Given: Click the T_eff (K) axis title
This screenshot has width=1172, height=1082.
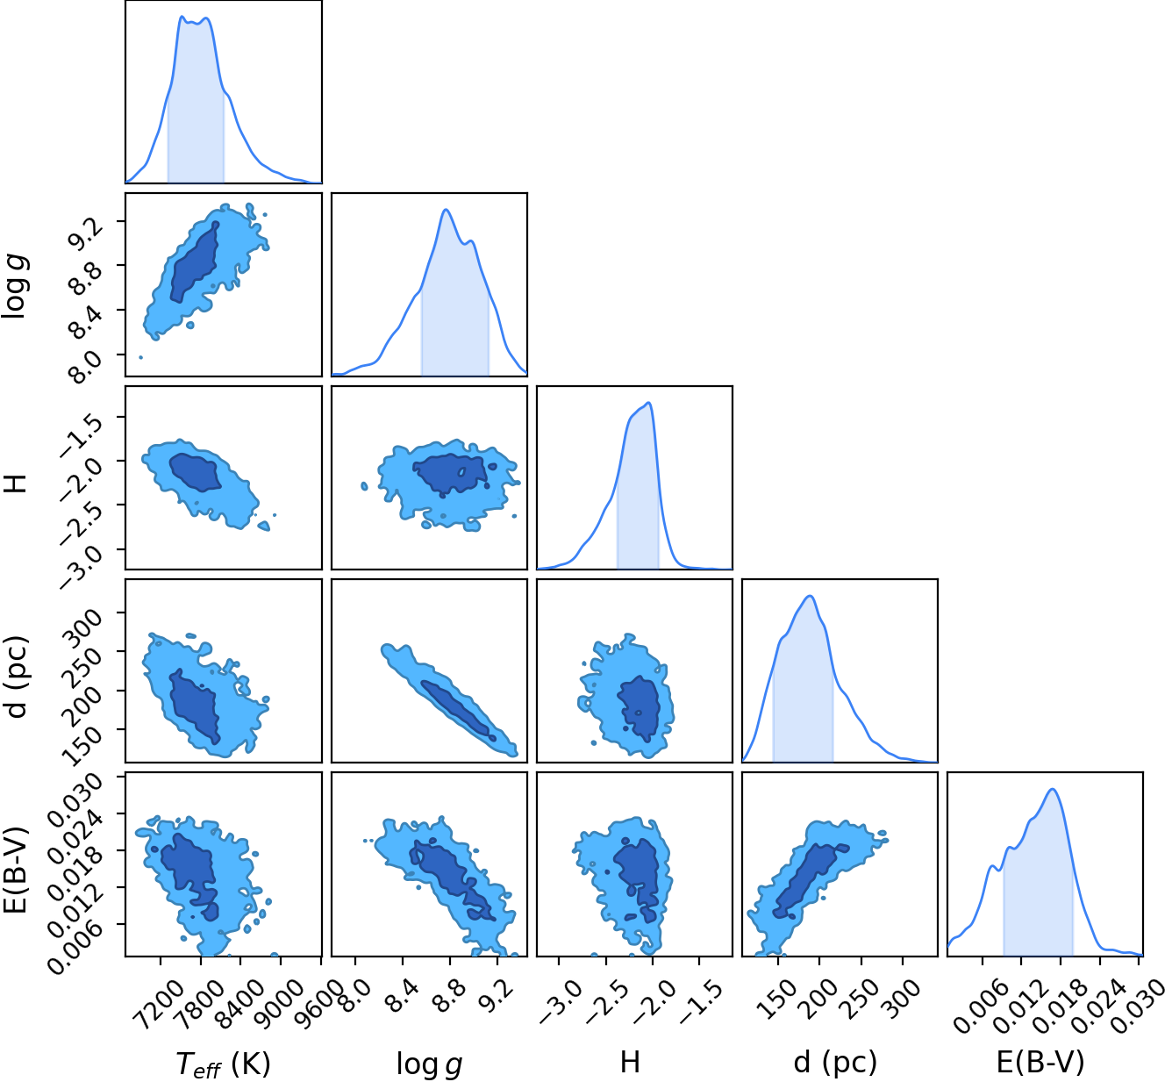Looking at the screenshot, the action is pos(223,1063).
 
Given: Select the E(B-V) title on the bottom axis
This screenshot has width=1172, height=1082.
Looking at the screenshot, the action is pos(1040,1062).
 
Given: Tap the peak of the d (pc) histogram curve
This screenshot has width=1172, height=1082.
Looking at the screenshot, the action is pos(811,596).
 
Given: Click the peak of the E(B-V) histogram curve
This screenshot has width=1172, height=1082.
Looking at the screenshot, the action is pos(1052,789).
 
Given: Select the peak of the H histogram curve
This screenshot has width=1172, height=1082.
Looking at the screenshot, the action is pos(648,403).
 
